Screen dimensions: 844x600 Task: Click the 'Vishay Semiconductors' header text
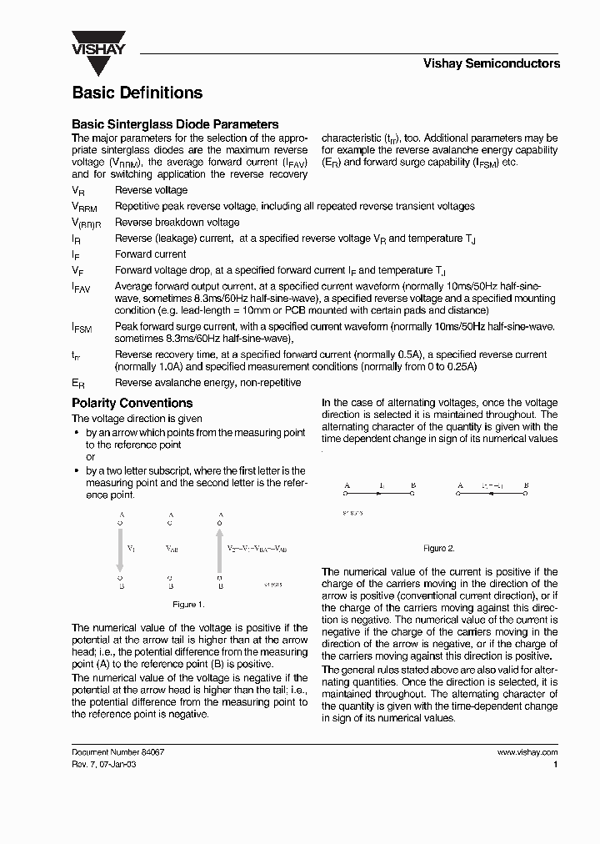coord(492,63)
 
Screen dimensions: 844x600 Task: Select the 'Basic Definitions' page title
coord(137,93)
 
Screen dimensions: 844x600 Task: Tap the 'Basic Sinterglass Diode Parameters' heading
coord(175,124)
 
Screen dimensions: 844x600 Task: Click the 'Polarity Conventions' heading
coord(132,403)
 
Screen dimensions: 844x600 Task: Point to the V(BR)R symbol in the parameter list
coord(86,224)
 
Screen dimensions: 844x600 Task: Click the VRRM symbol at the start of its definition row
coord(85,207)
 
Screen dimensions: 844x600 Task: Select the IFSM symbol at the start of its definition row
coord(82,329)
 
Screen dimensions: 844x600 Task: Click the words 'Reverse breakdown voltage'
coord(177,222)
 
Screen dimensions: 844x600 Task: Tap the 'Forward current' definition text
coord(150,254)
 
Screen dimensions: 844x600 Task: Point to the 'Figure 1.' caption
coord(188,604)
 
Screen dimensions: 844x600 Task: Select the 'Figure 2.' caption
coord(439,548)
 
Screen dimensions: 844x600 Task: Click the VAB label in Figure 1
coord(172,550)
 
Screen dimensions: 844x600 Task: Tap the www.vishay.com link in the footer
coord(527,751)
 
